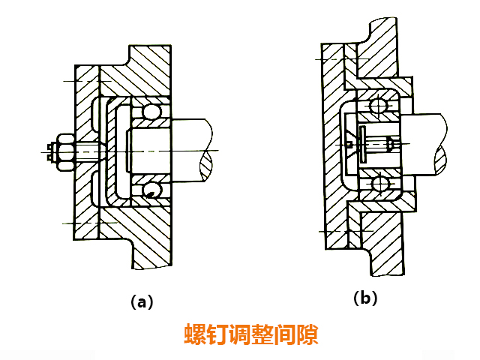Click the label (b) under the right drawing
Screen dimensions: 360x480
[365, 298]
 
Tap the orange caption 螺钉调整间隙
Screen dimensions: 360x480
[251, 334]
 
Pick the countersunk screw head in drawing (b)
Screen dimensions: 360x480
[350, 142]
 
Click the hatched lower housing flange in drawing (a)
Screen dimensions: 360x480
[150, 240]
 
